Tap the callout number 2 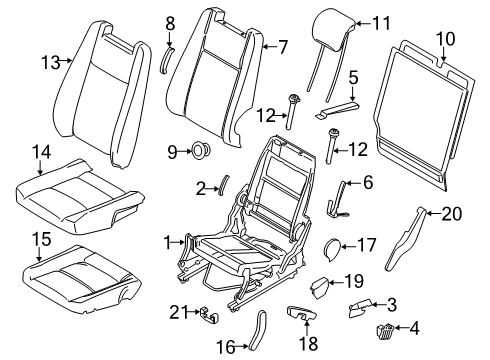coord(200,187)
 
